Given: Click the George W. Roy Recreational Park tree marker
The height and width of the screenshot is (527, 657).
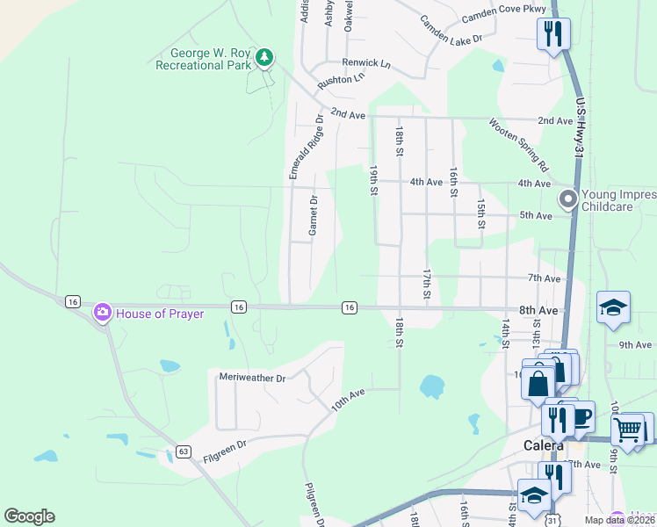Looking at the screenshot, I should (264, 58).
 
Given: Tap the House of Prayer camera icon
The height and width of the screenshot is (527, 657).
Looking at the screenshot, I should (103, 312).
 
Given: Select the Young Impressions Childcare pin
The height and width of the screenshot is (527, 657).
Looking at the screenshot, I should (568, 199).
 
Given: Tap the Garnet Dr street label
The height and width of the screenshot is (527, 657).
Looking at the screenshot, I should (312, 215).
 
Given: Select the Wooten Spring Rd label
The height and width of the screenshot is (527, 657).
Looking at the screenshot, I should (519, 145).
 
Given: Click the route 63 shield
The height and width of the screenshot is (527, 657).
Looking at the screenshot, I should (183, 451).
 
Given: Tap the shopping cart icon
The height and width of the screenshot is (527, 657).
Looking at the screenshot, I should (628, 430).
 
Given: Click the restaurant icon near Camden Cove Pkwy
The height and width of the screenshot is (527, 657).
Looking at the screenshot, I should (553, 33).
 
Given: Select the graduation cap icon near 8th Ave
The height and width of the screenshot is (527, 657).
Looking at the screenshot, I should (613, 307).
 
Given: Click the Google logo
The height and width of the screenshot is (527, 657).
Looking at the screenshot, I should (29, 516).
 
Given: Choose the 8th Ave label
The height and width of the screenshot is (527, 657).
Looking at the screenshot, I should (538, 310).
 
